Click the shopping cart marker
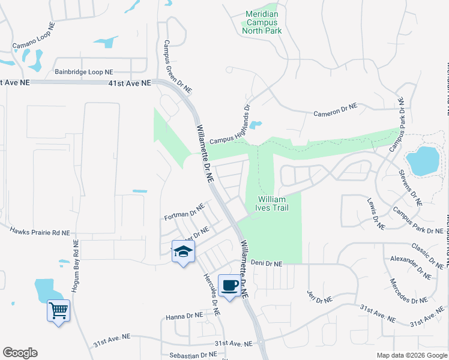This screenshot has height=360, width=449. click(x=58, y=311)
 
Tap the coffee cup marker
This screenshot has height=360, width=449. click(x=229, y=285)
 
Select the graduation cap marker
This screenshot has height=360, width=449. click(x=183, y=251)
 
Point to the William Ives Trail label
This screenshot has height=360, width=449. click(x=274, y=203)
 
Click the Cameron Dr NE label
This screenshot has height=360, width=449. click(x=336, y=110)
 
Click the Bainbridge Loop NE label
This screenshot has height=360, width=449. click(x=84, y=71)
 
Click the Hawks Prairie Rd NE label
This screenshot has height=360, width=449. click(x=40, y=231)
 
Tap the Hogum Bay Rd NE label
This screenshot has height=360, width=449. click(x=76, y=267)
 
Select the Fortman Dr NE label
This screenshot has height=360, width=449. click(x=185, y=213)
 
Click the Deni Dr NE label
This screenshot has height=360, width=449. click(x=267, y=263)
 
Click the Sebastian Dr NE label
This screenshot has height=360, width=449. click(x=193, y=355)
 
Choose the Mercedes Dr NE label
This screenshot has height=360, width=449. click(x=408, y=291)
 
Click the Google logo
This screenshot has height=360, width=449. click(x=20, y=353)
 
